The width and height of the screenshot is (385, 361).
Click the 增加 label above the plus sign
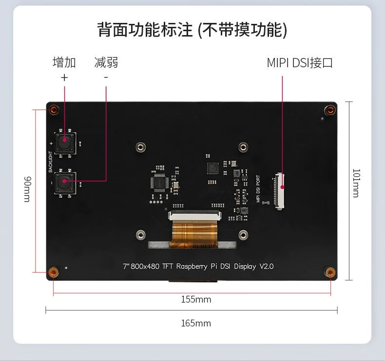[x=64, y=62]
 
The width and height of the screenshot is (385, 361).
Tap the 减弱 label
[x=106, y=62]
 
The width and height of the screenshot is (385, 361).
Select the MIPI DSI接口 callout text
[x=300, y=63]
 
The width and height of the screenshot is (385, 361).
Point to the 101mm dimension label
[x=356, y=183]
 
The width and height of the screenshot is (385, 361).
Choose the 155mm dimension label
[x=196, y=299]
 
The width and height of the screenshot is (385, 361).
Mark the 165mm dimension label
[x=196, y=323]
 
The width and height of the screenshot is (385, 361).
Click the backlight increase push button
[x=65, y=142]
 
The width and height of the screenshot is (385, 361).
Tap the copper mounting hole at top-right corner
[x=330, y=110]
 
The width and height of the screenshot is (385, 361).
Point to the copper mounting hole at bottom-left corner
[x=54, y=271]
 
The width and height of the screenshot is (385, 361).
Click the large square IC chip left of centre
[x=160, y=182]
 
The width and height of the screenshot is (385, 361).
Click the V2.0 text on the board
[x=267, y=266]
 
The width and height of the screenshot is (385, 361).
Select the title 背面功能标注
[x=145, y=30]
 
